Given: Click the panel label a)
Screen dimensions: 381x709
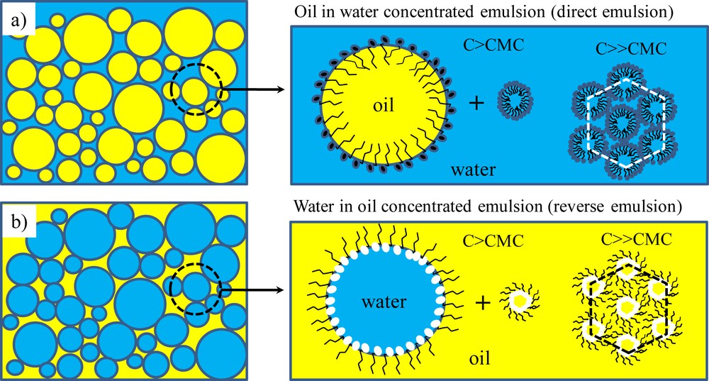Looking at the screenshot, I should pyautogui.click(x=19, y=23).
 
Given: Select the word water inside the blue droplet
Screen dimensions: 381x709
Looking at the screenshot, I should pyautogui.click(x=383, y=302).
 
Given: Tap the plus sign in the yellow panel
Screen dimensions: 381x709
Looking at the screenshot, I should pyautogui.click(x=483, y=302).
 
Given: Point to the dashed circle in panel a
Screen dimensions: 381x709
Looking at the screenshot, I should pyautogui.click(x=196, y=90).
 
